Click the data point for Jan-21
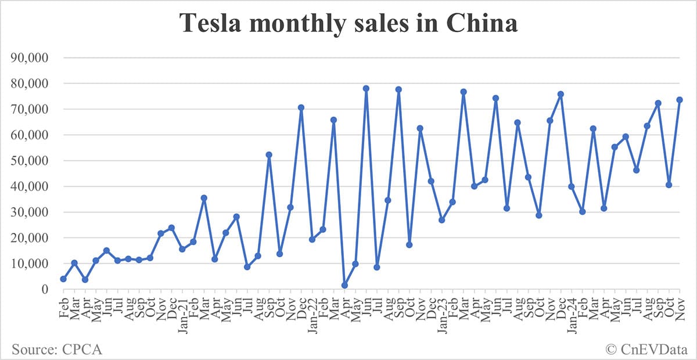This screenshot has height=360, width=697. [182, 249]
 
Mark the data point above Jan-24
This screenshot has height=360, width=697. [572, 186]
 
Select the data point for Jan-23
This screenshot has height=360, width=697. [442, 220]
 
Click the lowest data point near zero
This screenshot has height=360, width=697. [344, 285]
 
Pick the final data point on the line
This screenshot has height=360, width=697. [680, 100]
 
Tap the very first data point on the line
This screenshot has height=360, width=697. [63, 279]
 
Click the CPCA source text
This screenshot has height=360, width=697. [57, 349]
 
